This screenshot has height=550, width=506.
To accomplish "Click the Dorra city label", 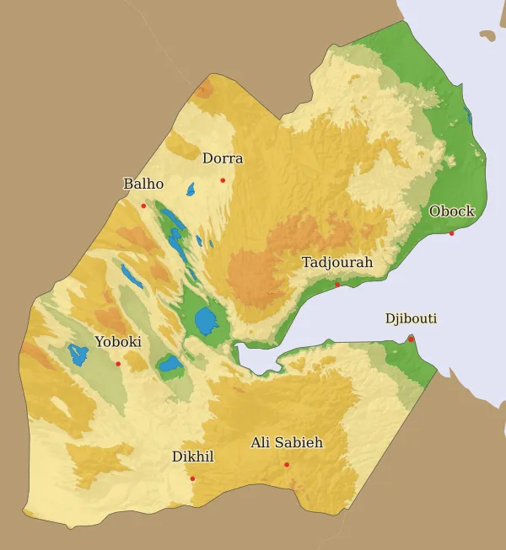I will point(223,158).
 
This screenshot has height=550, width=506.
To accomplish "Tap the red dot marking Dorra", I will point(223,179).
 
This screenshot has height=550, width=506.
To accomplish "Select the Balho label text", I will point(143,184).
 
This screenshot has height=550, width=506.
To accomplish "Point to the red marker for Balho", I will point(143,206).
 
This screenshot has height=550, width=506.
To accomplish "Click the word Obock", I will point(452,211).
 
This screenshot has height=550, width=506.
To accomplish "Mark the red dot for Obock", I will point(451,233).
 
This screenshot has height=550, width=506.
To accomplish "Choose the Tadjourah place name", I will point(337,263).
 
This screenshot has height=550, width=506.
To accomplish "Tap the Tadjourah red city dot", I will point(337,285).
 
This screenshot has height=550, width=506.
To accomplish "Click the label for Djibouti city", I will point(411,318).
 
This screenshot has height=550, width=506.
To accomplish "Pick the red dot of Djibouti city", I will point(411,339).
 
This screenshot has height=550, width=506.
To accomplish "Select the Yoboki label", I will point(118,342).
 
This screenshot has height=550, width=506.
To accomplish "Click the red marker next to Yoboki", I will point(118,364).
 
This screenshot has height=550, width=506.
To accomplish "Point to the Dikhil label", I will point(193,457).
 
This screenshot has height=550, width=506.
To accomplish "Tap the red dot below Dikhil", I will point(192,478).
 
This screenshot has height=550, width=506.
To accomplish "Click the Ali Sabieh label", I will point(287,442).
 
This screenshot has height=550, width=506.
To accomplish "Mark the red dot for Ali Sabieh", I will point(287,464).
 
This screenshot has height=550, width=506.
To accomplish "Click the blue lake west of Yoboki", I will point(78,355).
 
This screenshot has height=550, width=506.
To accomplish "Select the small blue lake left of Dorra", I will point(191,190).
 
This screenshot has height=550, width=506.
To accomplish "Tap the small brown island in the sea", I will point(487,35).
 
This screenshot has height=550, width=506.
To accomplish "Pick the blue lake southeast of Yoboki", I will point(170,366).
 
